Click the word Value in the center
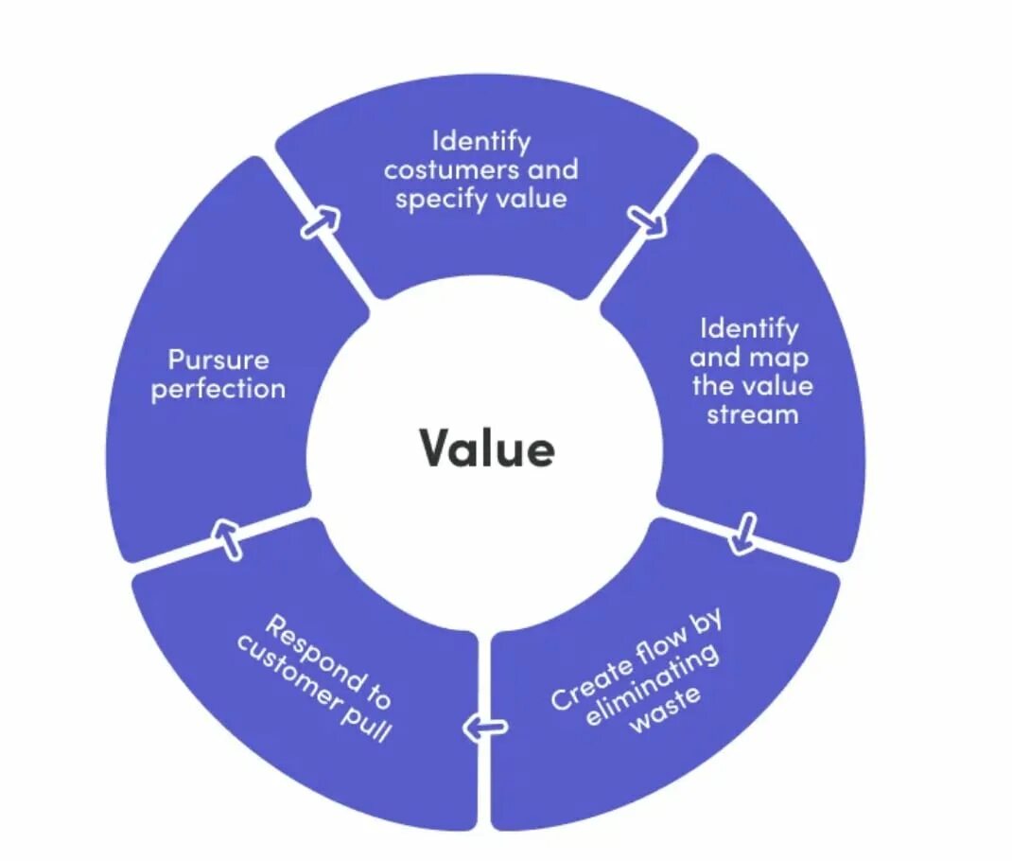pos(486,448)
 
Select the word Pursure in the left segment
pos(218,360)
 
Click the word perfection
pos(218,389)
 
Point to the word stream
pos(752,414)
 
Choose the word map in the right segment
pos(777,358)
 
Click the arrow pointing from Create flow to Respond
pos(485,728)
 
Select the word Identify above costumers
pos(481,142)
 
